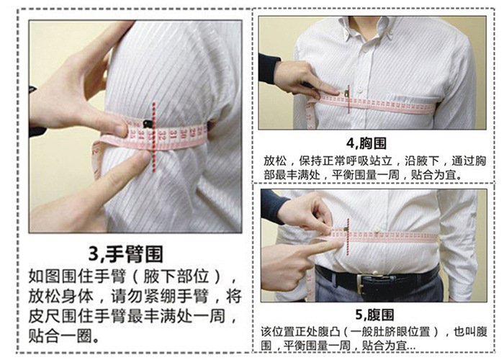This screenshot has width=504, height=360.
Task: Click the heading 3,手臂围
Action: tap(126, 255)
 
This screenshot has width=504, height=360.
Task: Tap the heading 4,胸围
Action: tap(366, 143)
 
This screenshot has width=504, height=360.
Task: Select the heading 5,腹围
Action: tap(374, 315)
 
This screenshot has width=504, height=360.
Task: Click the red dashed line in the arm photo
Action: tap(154, 138)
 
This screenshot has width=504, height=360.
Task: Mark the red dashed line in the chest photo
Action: tap(348, 99)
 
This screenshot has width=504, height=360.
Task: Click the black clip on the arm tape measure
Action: tap(148, 123)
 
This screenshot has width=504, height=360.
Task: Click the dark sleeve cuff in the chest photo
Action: tap(269, 69)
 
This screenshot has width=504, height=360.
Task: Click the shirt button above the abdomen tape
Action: tap(376, 228)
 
